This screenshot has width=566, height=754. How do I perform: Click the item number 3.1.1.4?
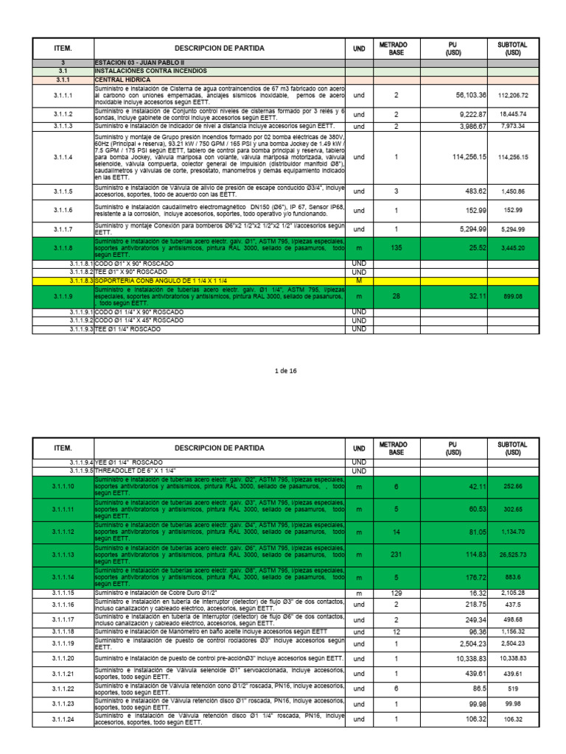pyautogui.click(x=63, y=157)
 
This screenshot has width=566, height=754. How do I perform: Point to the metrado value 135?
pyautogui.click(x=396, y=248)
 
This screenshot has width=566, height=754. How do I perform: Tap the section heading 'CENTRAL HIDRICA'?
pyautogui.click(x=122, y=79)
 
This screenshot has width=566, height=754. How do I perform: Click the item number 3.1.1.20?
pyautogui.click(x=63, y=658)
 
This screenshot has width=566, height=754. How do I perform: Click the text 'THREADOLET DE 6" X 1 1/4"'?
pyautogui.click(x=139, y=471)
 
